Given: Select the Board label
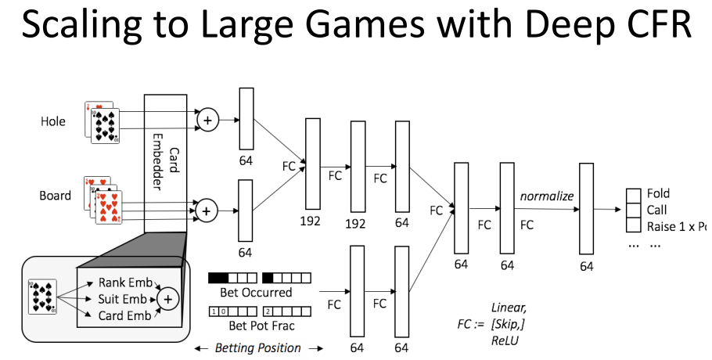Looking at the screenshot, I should tap(56, 196).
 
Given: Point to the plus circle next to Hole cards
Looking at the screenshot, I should tap(207, 120).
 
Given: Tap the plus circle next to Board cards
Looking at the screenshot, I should tap(207, 210).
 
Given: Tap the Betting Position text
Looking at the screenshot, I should tap(257, 347).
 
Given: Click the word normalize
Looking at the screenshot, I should tap(548, 196).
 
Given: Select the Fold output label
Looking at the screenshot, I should tap(658, 193).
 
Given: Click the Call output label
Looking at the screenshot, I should tap(656, 210).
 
